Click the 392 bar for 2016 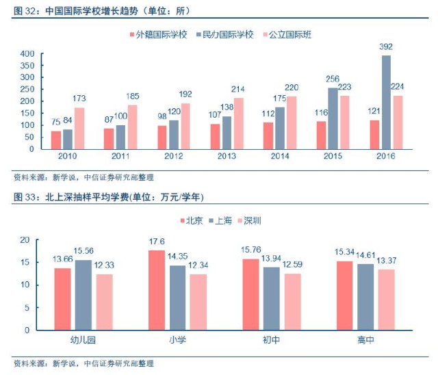386,102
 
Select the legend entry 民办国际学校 224,34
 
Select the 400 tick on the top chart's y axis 27,54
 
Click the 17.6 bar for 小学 157,290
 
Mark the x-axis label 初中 271,339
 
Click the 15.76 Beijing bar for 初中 250,294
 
